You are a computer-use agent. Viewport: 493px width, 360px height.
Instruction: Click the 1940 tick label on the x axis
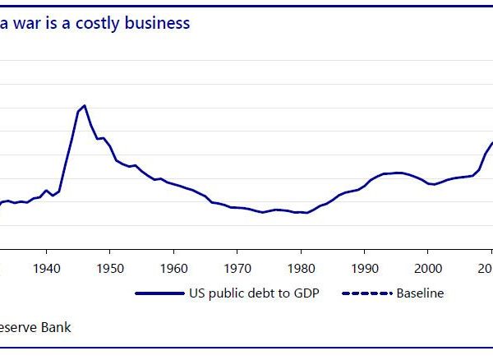pyautogui.click(x=47, y=268)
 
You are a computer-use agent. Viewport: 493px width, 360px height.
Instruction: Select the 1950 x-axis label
pyautogui.click(x=110, y=268)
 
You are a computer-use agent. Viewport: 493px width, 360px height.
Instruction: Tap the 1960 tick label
pyautogui.click(x=173, y=268)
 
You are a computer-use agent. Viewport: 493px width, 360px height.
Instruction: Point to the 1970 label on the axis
pyautogui.click(x=237, y=268)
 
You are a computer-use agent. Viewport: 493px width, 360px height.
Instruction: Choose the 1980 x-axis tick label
pyautogui.click(x=300, y=268)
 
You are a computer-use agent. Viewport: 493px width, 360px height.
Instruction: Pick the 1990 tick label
pyautogui.click(x=364, y=268)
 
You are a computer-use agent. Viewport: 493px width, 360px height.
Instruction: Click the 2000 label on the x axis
pyautogui.click(x=427, y=268)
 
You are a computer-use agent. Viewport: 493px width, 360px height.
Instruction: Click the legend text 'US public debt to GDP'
pyautogui.click(x=253, y=293)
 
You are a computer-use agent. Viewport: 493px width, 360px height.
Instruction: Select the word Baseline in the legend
pyautogui.click(x=420, y=293)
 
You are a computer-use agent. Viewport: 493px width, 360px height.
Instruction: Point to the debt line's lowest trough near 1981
pyautogui.click(x=306, y=213)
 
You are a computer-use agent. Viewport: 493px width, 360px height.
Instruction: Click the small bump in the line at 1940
pyautogui.click(x=47, y=190)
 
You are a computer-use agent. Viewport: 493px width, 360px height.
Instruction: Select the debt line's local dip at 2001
pyautogui.click(x=433, y=184)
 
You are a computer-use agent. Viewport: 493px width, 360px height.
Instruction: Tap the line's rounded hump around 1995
pyautogui.click(x=398, y=173)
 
